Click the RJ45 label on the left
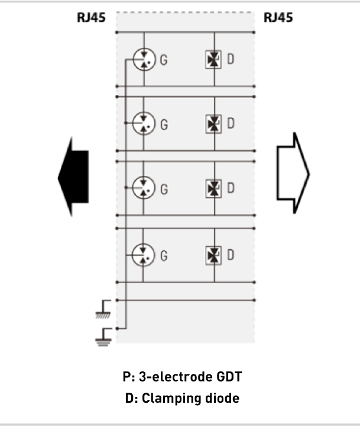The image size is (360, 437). point(91,18)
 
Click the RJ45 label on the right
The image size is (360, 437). point(278,18)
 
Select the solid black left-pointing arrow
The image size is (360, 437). point(73,177)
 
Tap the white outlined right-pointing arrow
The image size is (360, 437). point(293,173)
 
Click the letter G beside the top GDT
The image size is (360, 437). point(164,60)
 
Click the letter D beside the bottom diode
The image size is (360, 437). point(231,255)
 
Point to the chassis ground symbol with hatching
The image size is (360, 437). point(103,309)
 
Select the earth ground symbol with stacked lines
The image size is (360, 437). point(103,337)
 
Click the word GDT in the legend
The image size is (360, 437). point(229,377)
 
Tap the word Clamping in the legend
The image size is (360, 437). point(171,399)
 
